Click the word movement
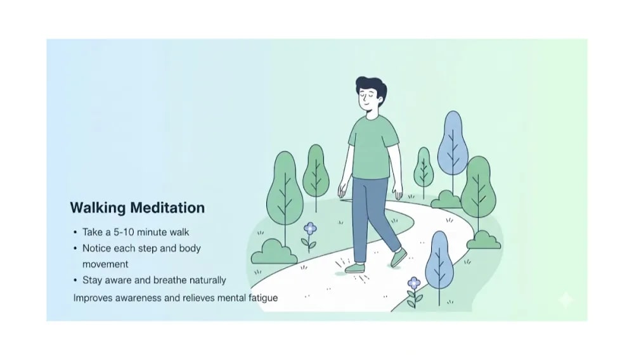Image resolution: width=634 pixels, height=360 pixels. (105, 264)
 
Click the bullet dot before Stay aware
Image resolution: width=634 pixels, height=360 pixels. (76, 280)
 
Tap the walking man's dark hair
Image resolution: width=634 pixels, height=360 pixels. (371, 87)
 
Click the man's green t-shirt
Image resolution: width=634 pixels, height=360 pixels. (372, 148)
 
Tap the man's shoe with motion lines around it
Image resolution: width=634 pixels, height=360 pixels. (356, 267)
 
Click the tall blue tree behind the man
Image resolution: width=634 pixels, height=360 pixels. (453, 145)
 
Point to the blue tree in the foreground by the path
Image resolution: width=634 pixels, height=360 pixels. (439, 260)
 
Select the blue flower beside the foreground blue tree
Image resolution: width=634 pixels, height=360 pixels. (414, 283)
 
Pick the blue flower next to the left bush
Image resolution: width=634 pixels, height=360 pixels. (310, 229)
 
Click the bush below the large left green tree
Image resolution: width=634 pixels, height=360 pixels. (274, 252)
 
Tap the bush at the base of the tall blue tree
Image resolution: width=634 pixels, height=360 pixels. (446, 200)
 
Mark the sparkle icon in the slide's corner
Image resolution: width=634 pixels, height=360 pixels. (565, 300)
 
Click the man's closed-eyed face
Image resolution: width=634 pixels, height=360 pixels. (370, 101)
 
